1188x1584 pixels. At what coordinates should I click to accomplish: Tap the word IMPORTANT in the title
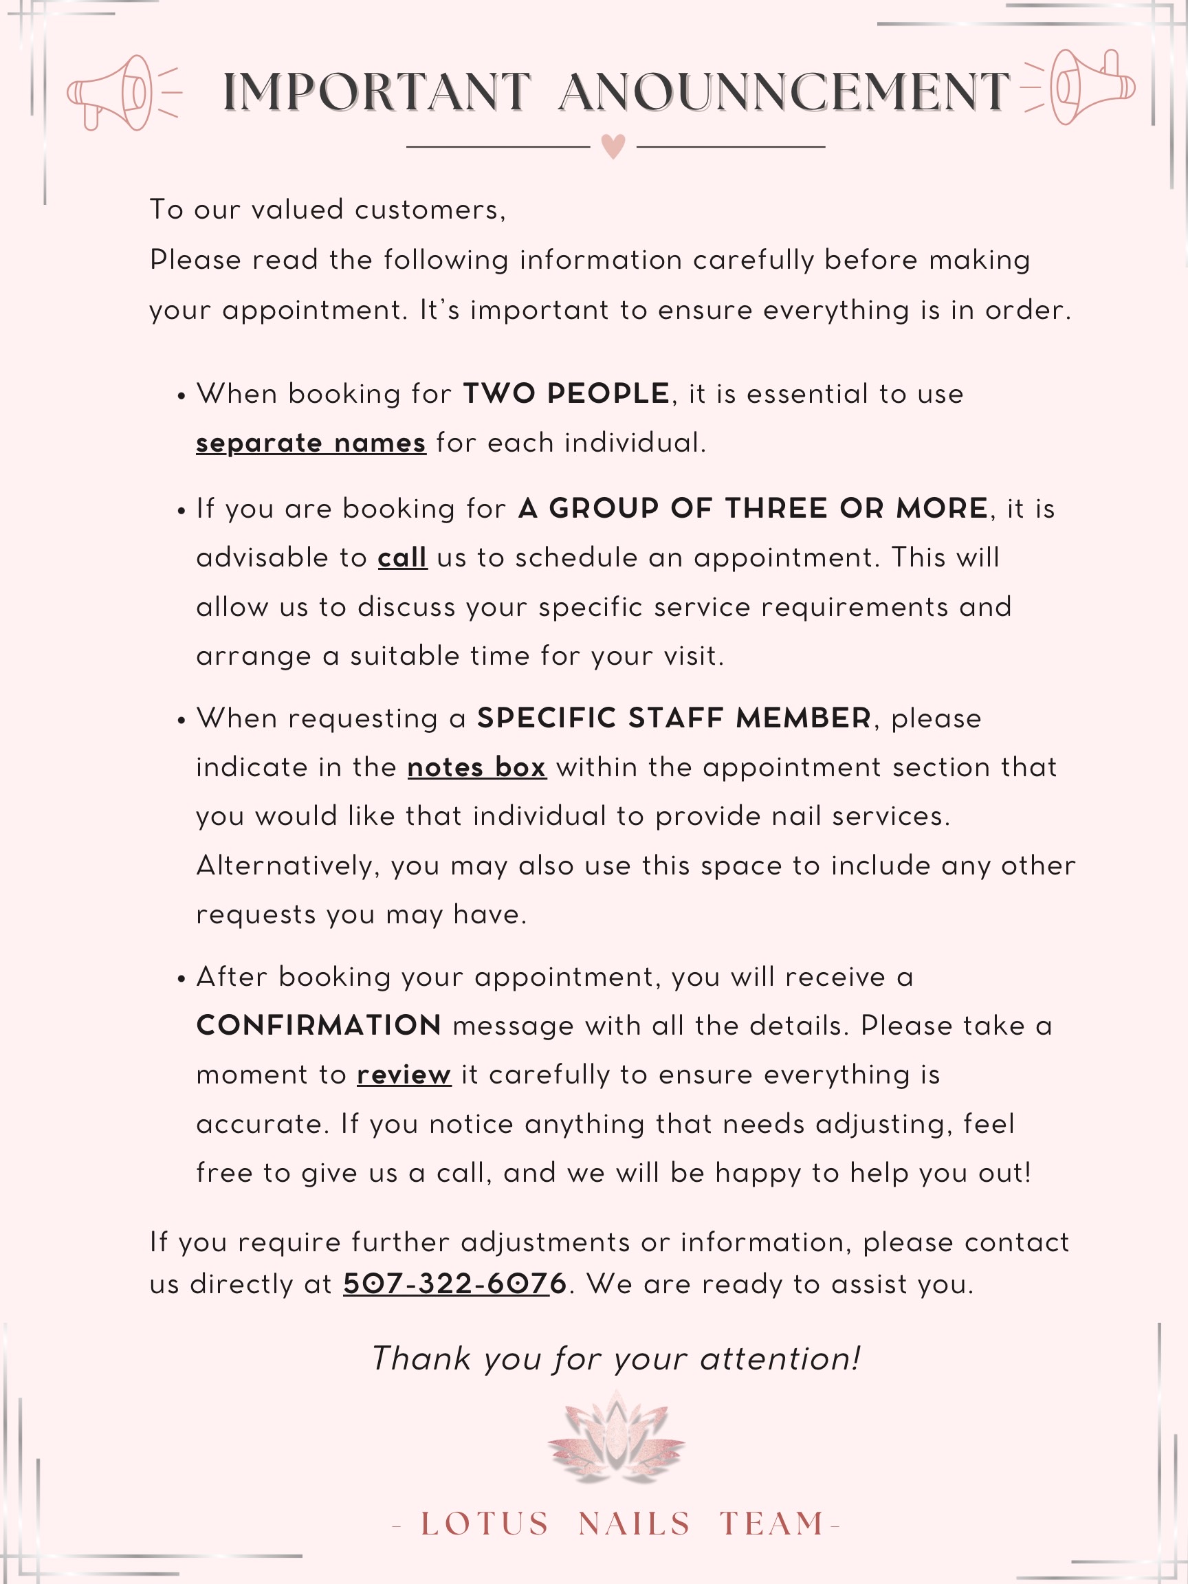click(x=376, y=92)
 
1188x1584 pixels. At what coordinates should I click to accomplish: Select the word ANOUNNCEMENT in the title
click(x=784, y=92)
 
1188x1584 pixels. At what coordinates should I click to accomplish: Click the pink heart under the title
click(x=613, y=146)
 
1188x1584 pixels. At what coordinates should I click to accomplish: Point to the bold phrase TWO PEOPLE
click(x=566, y=394)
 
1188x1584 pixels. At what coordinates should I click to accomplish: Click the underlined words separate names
click(x=311, y=443)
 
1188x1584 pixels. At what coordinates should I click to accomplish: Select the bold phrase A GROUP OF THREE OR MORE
click(x=753, y=509)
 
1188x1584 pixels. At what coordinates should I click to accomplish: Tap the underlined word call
click(x=402, y=558)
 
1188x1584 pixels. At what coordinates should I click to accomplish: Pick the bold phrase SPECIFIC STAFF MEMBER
click(x=674, y=718)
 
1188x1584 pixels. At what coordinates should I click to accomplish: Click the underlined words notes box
click(x=477, y=768)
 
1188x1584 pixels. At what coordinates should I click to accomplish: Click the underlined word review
click(x=404, y=1075)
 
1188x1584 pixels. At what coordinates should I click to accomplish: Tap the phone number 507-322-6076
click(x=454, y=1284)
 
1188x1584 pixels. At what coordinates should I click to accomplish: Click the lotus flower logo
click(x=616, y=1440)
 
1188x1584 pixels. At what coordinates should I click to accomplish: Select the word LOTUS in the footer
click(x=485, y=1524)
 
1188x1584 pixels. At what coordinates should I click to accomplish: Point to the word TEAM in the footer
click(x=772, y=1524)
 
